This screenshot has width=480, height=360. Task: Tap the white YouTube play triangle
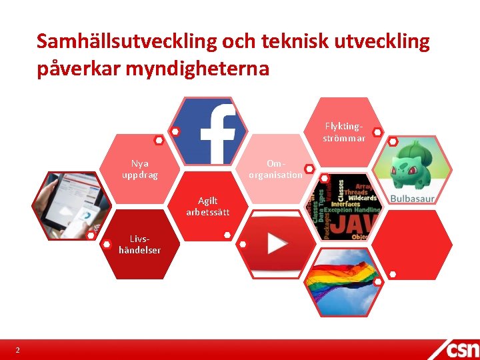click(x=277, y=243)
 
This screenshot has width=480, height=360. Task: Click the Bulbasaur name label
click(x=411, y=199)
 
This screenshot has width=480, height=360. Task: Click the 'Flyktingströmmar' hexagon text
click(x=344, y=132)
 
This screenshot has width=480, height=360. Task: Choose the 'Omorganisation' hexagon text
click(x=275, y=169)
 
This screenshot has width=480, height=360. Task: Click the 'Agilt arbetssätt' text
click(x=207, y=206)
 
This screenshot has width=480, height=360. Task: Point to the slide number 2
click(x=18, y=351)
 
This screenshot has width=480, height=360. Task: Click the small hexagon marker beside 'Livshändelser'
click(x=107, y=245)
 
